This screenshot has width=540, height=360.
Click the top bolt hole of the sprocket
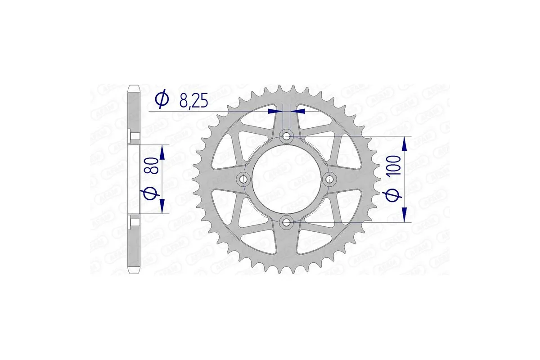(287, 136)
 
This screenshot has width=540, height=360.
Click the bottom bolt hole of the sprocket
(287, 222)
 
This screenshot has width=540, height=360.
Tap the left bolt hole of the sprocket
(244, 179)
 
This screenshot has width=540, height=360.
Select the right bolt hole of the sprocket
(330, 179)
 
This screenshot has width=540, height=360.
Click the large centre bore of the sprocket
(287, 179)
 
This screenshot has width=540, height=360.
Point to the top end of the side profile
(134, 86)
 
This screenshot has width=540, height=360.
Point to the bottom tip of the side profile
(134, 272)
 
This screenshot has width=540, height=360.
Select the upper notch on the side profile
(130, 135)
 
